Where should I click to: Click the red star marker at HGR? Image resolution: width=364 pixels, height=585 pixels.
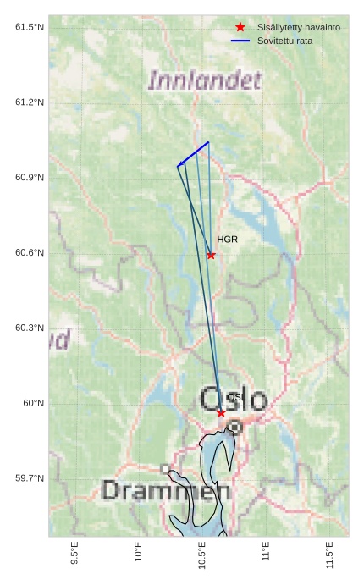point(211,255)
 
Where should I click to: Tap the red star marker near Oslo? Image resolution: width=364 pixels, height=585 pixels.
point(221,412)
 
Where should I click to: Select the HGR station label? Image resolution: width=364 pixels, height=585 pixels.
point(227,240)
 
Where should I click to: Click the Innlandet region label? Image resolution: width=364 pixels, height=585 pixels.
point(205,80)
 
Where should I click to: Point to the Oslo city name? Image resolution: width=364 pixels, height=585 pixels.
point(234,399)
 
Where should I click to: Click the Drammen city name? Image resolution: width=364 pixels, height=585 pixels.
point(166,491)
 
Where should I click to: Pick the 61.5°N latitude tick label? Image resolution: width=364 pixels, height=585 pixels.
point(30,27)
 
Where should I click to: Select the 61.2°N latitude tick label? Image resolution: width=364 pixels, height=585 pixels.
point(30,102)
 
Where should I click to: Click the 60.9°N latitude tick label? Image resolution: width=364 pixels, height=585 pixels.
point(30,178)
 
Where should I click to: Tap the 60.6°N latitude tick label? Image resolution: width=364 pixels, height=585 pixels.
point(30,253)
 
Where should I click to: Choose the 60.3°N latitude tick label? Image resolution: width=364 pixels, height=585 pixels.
point(30,328)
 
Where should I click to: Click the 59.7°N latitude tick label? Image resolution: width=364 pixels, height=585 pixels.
point(30,479)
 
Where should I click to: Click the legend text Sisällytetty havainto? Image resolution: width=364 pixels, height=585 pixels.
point(299,28)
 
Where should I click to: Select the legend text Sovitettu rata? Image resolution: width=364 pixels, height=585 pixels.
point(285,41)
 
